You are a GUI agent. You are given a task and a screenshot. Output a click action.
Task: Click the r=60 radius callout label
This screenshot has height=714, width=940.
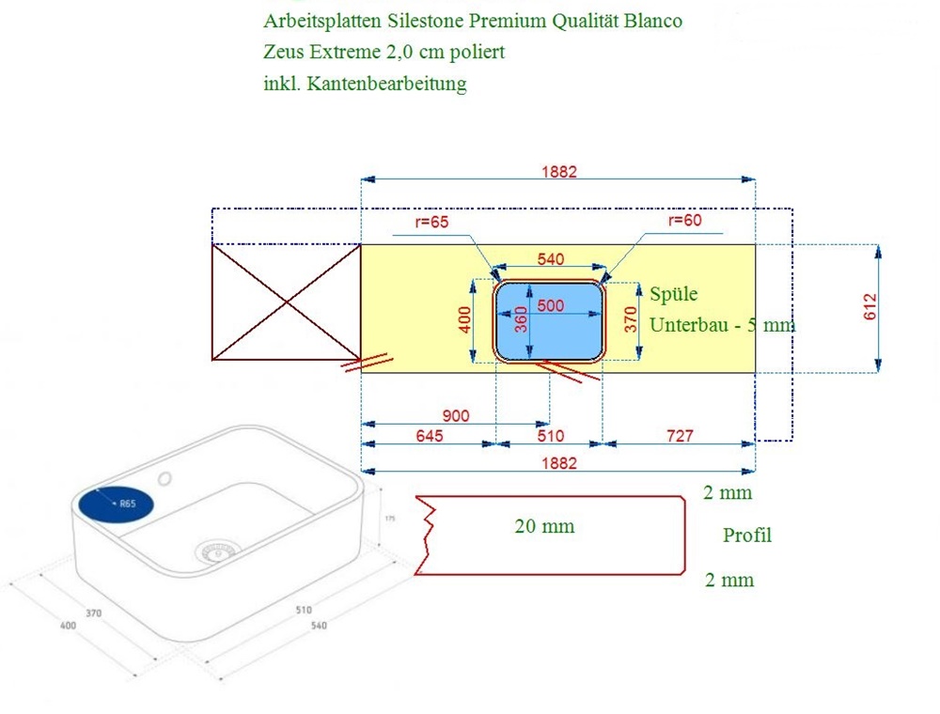tap(684, 221)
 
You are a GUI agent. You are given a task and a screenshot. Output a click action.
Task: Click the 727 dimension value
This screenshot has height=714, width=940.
tap(679, 436)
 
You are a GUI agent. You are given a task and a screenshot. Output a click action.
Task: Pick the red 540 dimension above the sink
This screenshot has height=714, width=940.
tap(550, 259)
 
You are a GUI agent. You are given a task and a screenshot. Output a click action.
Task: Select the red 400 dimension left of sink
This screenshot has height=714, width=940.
tap(463, 320)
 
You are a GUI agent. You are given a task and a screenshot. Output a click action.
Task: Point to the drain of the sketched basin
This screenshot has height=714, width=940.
tap(216, 551)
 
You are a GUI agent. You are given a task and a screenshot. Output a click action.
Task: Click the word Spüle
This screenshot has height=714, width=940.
tap(674, 294)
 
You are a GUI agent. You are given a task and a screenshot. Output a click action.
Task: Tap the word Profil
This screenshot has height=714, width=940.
tap(747, 535)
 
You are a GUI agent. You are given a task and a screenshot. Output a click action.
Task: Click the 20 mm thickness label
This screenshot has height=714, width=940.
tap(544, 527)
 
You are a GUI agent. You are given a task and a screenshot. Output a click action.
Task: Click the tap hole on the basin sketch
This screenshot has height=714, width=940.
tap(165, 478)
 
